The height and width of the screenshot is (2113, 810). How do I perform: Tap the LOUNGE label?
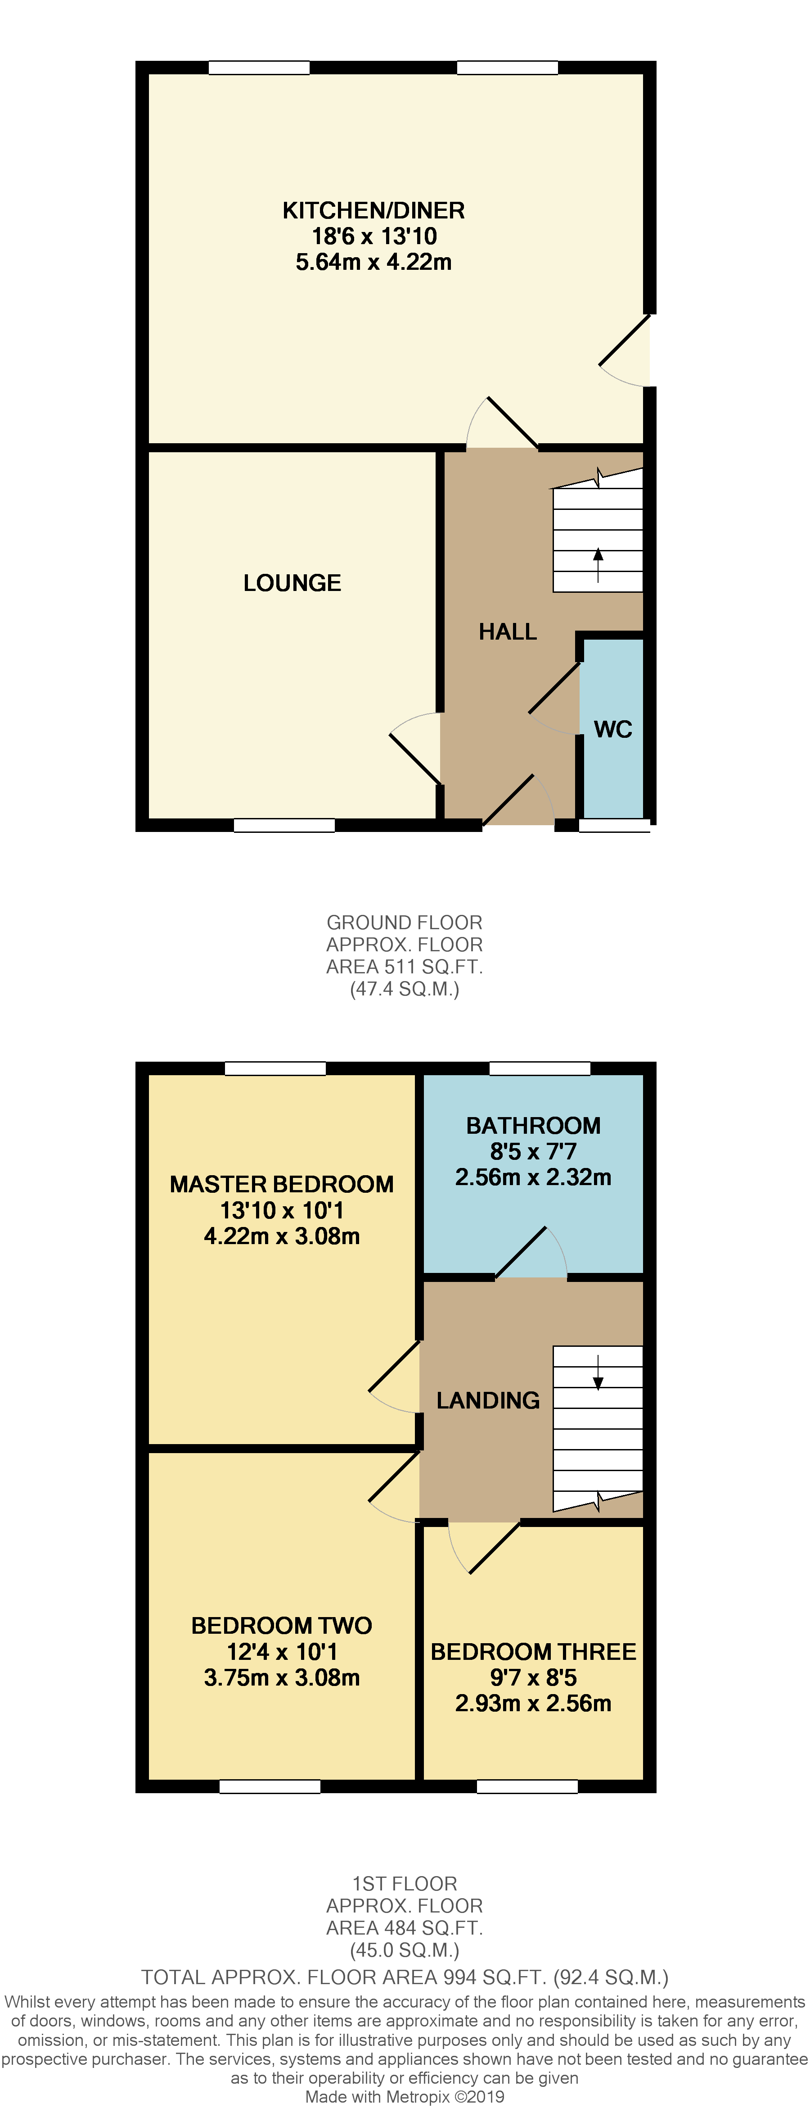[x=292, y=583]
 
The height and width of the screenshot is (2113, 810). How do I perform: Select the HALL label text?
[x=508, y=632]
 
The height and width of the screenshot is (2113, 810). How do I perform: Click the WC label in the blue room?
[x=612, y=729]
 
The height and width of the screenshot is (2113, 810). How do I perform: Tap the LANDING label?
[x=488, y=1400]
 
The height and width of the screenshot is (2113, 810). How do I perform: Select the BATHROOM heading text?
[x=533, y=1125]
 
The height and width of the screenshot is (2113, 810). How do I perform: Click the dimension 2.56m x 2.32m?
[x=533, y=1177]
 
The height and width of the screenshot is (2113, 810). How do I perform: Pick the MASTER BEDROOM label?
[x=281, y=1185]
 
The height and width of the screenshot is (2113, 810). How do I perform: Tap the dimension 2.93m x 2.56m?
[x=533, y=1703]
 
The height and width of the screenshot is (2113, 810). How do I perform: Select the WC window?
[x=614, y=825]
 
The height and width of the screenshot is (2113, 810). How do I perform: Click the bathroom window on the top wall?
[x=540, y=1068]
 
